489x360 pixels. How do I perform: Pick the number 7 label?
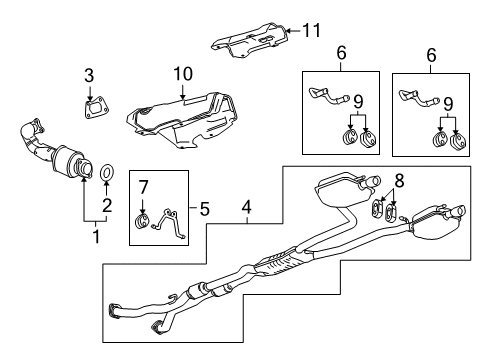pyautogui.click(x=143, y=185)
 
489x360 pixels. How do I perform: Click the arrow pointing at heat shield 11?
pyautogui.click(x=291, y=32)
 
